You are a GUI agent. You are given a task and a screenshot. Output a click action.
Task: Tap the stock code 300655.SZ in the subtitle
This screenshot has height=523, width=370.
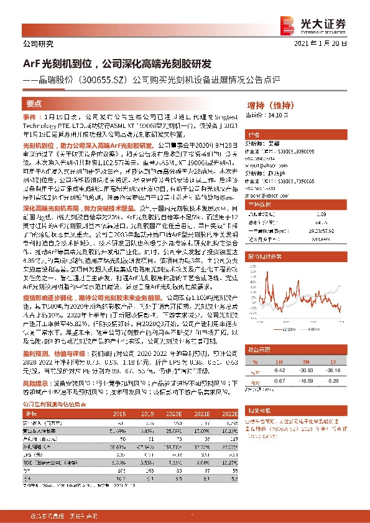tap(123, 80)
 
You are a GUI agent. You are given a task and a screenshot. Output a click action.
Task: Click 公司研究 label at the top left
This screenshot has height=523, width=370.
tap(38, 44)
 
